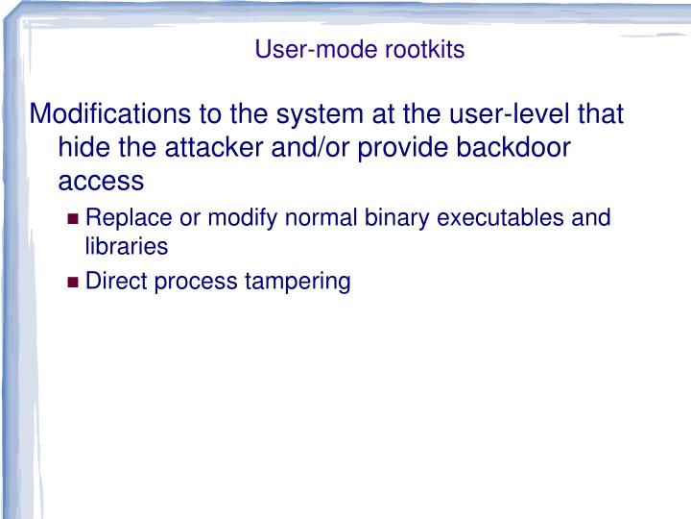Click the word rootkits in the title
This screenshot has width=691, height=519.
[x=425, y=50]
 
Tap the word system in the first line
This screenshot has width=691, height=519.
[x=317, y=115]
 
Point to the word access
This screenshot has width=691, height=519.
[x=101, y=181]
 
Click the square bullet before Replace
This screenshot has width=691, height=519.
[x=74, y=218]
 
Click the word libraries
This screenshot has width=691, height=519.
[x=127, y=246]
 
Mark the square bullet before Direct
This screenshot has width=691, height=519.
[x=74, y=283]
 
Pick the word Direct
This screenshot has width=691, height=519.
[x=112, y=282]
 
